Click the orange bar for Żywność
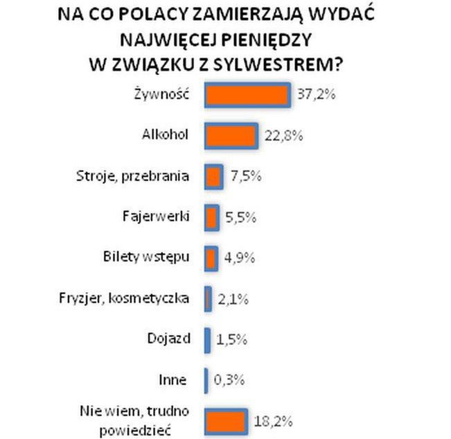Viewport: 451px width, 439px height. pos(247,96)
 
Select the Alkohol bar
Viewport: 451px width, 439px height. pos(231,136)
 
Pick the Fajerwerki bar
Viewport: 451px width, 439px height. pos(212,217)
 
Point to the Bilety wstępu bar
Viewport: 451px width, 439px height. pos(211,257)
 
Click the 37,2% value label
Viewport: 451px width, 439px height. pos(316,96)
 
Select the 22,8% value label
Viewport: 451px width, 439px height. pos(284,136)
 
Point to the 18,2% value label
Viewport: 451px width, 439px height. pos(273,420)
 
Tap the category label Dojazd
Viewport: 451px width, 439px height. pos(167,339)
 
